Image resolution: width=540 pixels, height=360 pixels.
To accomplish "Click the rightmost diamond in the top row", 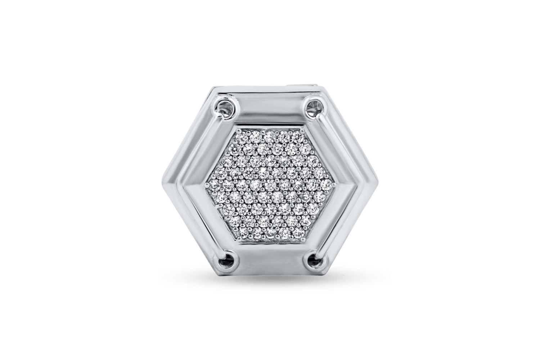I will [x=297, y=134].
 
